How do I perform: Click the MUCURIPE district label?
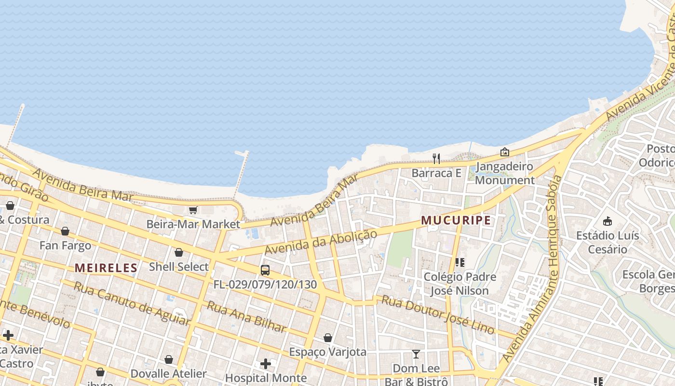point(456,221)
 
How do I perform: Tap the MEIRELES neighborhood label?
point(106,268)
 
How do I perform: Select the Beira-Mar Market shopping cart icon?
point(193,210)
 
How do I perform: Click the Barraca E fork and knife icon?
point(436,158)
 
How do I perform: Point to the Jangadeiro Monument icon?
point(505,152)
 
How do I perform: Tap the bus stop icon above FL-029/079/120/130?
point(265,270)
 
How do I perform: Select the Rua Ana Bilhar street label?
point(246,317)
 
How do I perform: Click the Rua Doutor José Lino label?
point(438,315)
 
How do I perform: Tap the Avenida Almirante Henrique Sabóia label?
point(532,268)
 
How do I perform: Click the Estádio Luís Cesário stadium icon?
point(607,221)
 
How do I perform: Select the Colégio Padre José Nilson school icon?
point(459,262)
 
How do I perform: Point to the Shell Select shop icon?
point(179,252)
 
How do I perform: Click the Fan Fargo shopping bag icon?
point(65,231)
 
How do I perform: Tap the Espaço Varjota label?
point(327,352)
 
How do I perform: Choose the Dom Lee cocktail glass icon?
point(416,354)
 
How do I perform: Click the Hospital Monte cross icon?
point(266,363)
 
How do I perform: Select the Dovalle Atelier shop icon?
point(169,359)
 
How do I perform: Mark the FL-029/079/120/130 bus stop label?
point(265,285)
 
